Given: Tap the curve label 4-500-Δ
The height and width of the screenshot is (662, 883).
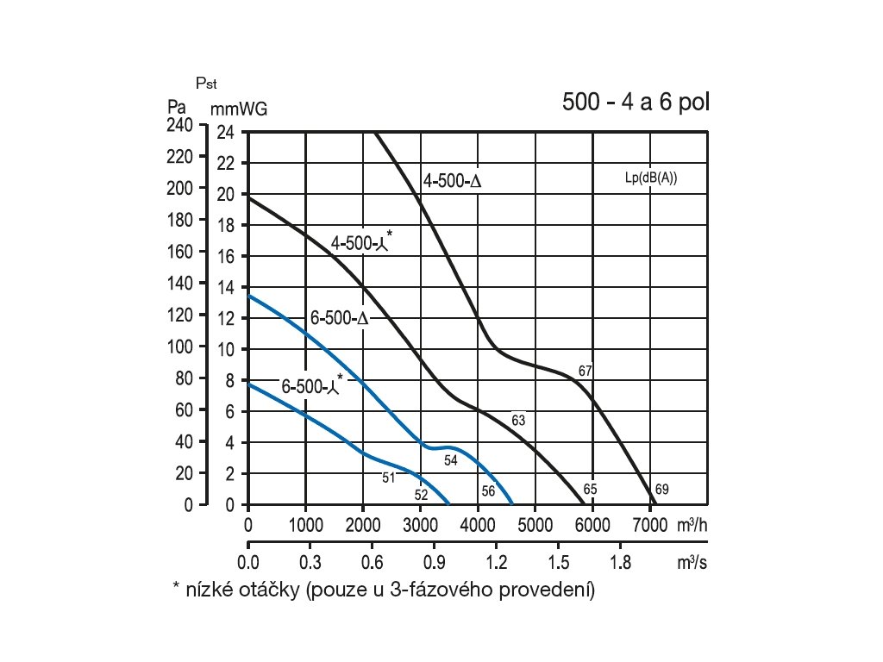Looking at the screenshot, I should pyautogui.click(x=451, y=182).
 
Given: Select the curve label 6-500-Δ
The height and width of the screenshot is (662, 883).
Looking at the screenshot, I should pyautogui.click(x=340, y=318).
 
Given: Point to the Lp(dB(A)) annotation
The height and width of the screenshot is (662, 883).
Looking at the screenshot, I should pyautogui.click(x=650, y=178).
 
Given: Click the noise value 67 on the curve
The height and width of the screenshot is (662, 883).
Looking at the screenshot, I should pyautogui.click(x=586, y=372).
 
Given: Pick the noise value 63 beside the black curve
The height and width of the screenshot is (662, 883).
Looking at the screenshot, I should pyautogui.click(x=518, y=421).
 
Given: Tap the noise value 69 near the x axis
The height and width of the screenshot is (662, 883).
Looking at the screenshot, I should pyautogui.click(x=661, y=490).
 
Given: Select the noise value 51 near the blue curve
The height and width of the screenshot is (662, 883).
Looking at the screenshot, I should pyautogui.click(x=388, y=477).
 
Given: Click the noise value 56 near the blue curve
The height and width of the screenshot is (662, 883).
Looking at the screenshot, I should pyautogui.click(x=488, y=490).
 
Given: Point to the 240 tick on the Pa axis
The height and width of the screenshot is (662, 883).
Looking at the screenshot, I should pyautogui.click(x=180, y=125).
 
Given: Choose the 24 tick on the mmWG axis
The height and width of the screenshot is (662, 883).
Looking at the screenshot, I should pyautogui.click(x=225, y=133).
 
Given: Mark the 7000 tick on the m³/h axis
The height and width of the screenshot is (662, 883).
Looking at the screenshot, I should pyautogui.click(x=648, y=524).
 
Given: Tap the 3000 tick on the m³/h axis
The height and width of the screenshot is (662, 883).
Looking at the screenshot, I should pyautogui.click(x=420, y=524).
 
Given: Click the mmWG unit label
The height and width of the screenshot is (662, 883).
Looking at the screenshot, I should pyautogui.click(x=239, y=109).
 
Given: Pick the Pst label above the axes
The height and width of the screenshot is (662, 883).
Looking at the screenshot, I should pyautogui.click(x=206, y=84).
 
